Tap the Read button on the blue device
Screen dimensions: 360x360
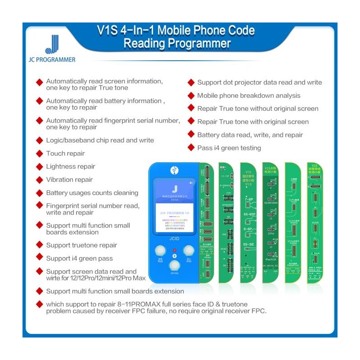[161, 252]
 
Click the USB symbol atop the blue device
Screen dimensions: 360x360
[175, 171]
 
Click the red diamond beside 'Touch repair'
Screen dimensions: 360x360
[40, 153]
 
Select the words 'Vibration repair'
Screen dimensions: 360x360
[69, 180]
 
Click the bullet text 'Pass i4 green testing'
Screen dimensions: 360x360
[229, 148]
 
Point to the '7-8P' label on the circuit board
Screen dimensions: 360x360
[248, 198]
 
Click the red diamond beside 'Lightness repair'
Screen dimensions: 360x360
[40, 166]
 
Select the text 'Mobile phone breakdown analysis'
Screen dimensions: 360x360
[248, 95]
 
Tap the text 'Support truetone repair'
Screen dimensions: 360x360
[81, 245]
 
